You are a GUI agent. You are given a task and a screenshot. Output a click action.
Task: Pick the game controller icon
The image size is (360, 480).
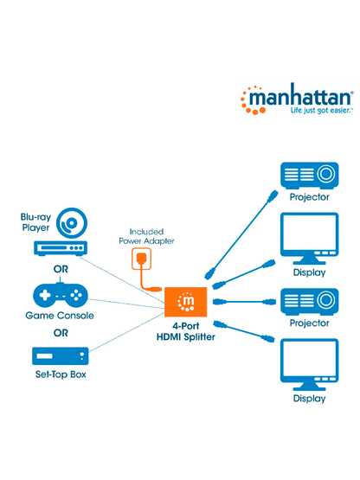tap(60, 295)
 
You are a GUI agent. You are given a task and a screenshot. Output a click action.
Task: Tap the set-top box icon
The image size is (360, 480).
tap(60, 356)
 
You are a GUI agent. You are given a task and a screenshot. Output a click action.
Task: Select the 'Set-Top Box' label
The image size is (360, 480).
tap(60, 375)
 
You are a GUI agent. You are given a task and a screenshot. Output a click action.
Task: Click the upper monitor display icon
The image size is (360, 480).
tap(310, 237)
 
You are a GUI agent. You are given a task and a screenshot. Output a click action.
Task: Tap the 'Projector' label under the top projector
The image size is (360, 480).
tap(310, 197)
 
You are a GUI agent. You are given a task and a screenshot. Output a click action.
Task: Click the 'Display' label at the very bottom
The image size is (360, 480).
tap(310, 399)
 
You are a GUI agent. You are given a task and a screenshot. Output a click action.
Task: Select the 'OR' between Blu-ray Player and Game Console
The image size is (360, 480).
tap(60, 269)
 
